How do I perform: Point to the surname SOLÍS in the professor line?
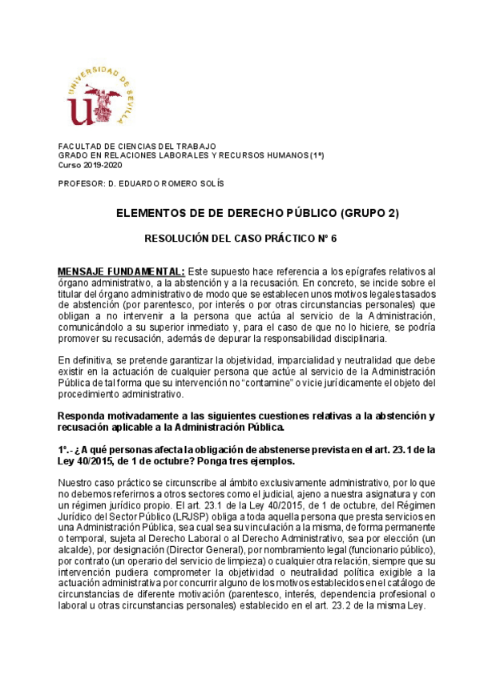click(210, 183)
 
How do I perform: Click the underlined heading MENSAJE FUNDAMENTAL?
click(122, 271)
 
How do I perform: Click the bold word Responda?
click(82, 415)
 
